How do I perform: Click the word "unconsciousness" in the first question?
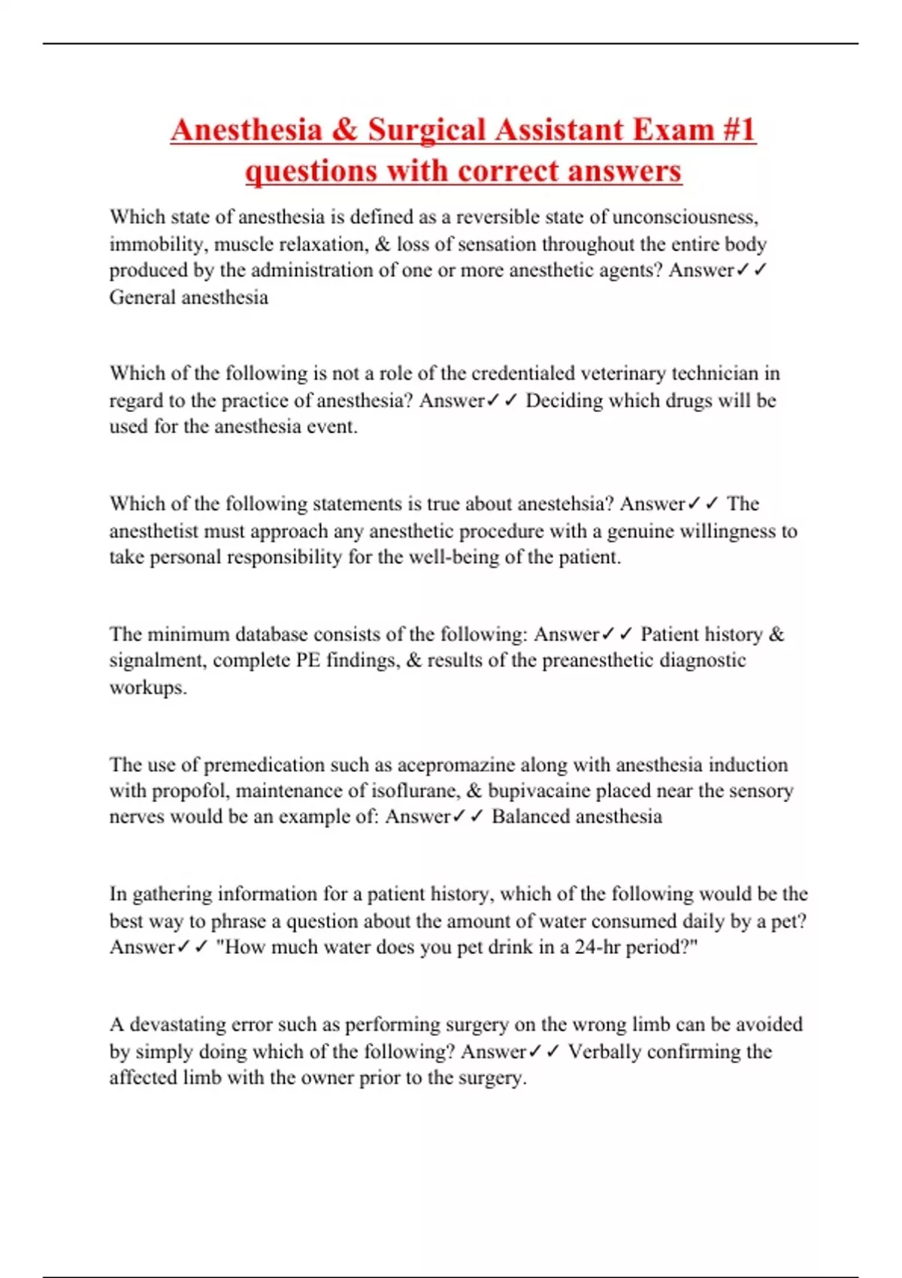[685, 217]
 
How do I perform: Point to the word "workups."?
[148, 687]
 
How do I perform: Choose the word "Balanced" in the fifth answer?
[532, 817]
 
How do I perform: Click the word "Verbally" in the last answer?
[604, 1052]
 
